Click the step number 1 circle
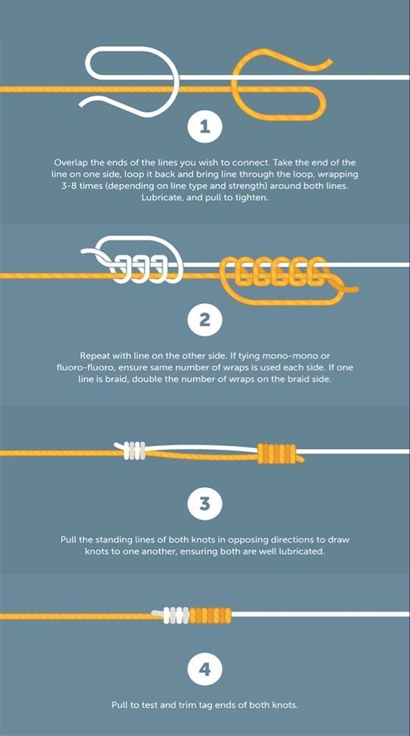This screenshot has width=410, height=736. [205, 127]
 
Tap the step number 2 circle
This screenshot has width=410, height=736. [205, 320]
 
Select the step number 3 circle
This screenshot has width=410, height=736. [205, 504]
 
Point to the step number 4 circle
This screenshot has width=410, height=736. [205, 668]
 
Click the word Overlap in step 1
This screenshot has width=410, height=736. [70, 163]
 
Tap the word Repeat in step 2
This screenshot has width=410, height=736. [94, 356]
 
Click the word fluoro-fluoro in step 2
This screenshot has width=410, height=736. [82, 368]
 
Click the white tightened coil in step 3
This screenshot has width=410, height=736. [135, 451]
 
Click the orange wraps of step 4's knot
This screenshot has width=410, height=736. [210, 615]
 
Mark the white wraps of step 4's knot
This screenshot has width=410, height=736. [176, 615]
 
